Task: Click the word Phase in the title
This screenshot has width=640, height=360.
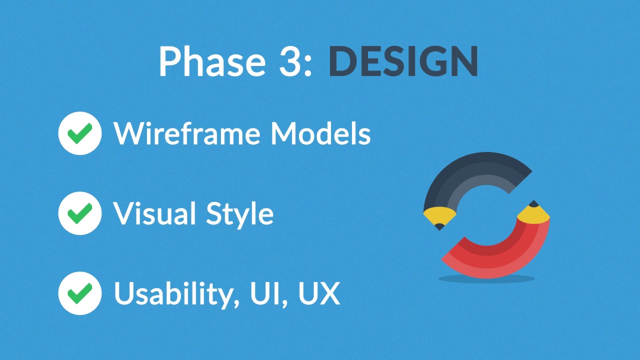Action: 212,61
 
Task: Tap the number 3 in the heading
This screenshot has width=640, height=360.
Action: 291,61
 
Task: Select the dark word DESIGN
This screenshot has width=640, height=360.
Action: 403,61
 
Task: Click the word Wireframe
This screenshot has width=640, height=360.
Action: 187,133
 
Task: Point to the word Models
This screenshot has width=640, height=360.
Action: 320,133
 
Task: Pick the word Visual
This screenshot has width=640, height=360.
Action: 154,213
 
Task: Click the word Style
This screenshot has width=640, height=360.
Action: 239,215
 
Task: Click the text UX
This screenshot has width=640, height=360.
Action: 319,293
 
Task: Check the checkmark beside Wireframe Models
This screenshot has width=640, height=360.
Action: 80,133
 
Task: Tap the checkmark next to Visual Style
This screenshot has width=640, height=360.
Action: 80,213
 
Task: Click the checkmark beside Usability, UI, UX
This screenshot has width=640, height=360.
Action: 80,293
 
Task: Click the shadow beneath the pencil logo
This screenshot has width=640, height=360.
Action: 486,278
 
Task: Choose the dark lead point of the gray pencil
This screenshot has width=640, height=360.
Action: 439,227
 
